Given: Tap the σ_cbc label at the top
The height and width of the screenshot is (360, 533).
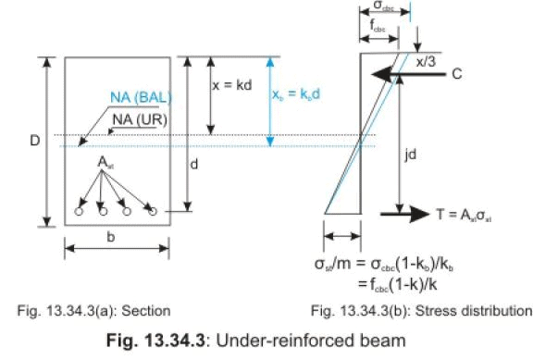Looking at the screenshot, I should point(380,8).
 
